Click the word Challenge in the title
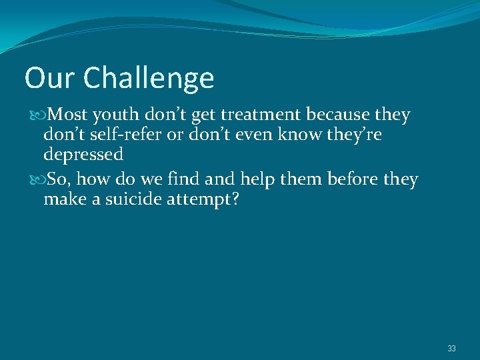click(x=149, y=79)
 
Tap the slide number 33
click(x=451, y=349)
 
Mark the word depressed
click(x=83, y=155)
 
